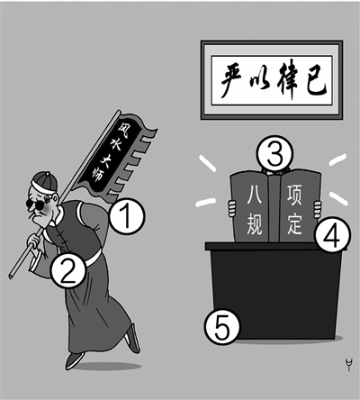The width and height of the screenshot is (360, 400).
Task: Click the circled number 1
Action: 127,216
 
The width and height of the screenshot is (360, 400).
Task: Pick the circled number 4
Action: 332,234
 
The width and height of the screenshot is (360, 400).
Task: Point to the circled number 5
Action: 222,326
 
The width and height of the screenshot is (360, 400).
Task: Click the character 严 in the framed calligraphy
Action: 232,80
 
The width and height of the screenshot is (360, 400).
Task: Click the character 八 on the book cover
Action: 254,195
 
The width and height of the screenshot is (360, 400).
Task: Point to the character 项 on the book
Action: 294,195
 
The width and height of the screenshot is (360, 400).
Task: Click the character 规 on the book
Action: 254,224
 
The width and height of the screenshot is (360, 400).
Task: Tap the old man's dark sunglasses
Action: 36,205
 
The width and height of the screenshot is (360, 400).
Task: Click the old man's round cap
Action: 45,181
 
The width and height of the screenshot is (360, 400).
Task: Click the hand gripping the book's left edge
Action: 231,209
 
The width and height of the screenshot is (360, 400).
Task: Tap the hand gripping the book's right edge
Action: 317,209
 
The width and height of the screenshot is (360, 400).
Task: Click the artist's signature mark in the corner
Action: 348,364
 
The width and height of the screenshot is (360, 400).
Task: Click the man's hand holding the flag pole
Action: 34,240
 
